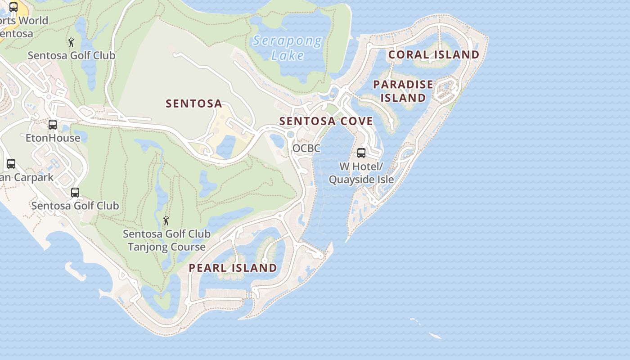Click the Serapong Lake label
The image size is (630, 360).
(287, 48)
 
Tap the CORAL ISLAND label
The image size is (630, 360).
(434, 54)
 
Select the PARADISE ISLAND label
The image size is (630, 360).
(403, 91)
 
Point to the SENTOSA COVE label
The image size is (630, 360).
(326, 121)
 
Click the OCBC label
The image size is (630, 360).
(306, 148)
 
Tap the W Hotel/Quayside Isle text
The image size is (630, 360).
(361, 173)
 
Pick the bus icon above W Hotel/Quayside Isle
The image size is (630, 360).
(361, 153)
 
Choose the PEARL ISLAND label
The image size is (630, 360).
(233, 268)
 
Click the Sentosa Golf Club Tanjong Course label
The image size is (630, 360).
(166, 240)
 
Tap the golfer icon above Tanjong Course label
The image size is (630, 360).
(166, 220)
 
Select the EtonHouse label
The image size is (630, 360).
(53, 138)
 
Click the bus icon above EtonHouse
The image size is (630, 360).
(53, 124)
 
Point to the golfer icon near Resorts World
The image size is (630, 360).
(71, 42)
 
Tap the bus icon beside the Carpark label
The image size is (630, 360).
(11, 164)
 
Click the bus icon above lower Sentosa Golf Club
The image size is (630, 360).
(75, 193)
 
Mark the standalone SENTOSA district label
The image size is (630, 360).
(194, 103)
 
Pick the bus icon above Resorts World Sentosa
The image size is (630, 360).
(13, 7)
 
